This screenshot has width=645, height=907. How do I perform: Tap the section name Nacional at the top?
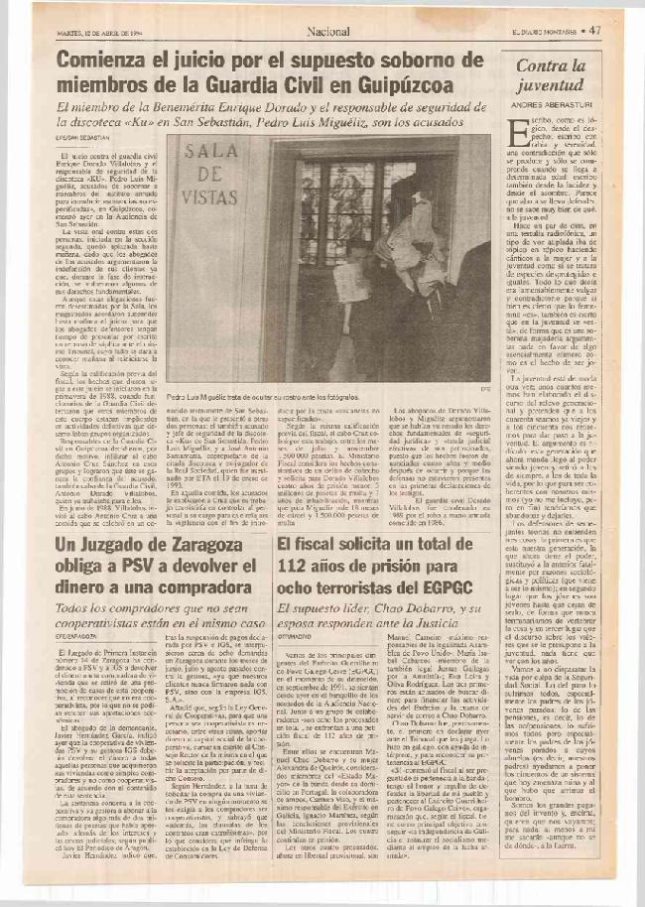pos(327,31)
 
